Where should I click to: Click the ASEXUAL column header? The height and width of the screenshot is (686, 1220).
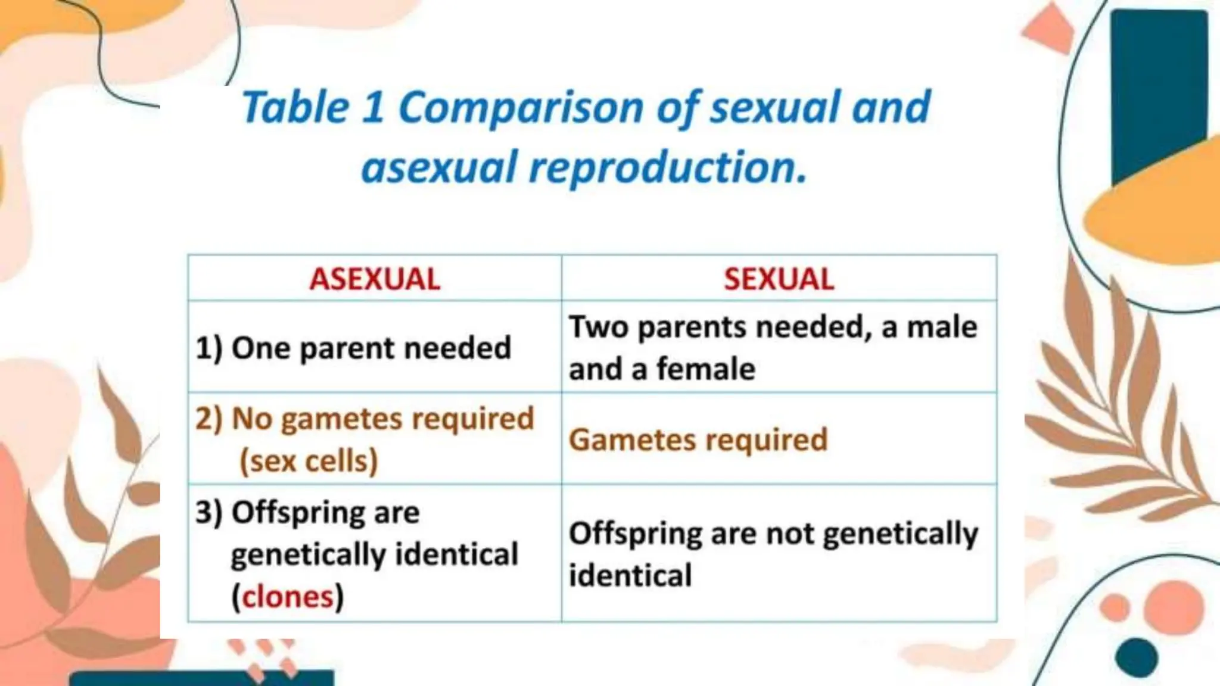click(x=375, y=279)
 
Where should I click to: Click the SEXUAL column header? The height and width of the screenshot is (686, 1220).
click(x=779, y=279)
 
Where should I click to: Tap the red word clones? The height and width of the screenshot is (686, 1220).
click(x=288, y=597)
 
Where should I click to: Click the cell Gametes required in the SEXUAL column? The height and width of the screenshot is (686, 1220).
click(x=698, y=440)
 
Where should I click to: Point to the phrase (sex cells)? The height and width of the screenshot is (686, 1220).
click(x=309, y=461)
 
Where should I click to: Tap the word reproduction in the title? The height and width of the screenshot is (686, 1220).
click(x=667, y=167)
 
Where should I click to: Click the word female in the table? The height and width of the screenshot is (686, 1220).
click(x=706, y=369)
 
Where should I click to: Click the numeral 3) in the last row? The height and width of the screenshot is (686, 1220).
click(x=208, y=512)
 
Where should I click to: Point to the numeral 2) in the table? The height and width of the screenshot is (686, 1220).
click(x=208, y=419)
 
